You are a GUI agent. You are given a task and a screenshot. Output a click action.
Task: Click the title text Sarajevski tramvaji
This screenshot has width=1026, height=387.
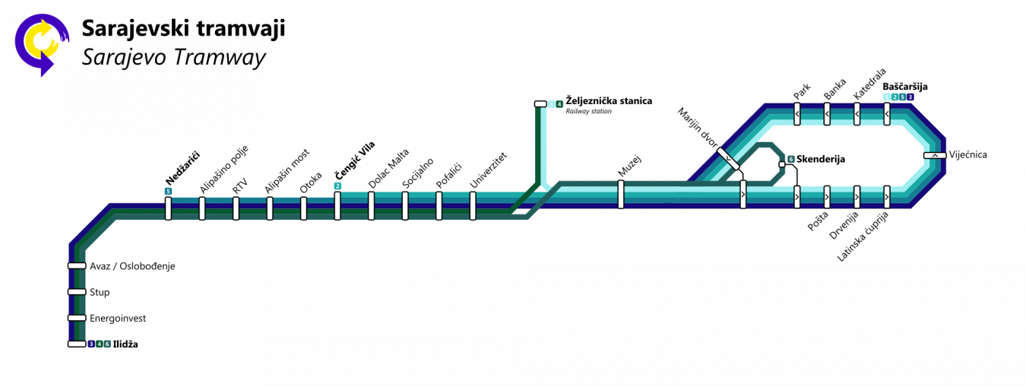[183, 30]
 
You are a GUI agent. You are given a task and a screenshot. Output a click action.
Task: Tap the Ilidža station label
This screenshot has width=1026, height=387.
[125, 344]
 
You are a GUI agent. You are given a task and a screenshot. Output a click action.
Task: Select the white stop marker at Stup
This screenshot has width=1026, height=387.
[77, 292]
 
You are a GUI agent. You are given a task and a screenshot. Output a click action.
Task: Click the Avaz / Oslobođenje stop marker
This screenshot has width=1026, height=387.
[77, 266]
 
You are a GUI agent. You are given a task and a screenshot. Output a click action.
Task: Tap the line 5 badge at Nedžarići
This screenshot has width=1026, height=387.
[167, 190]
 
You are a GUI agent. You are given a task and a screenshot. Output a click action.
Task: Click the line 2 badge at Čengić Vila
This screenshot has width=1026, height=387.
[337, 186]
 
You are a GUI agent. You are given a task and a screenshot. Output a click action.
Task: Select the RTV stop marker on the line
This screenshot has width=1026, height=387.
[236, 208]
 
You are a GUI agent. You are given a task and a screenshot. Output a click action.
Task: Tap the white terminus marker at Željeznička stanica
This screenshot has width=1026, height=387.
[540, 103]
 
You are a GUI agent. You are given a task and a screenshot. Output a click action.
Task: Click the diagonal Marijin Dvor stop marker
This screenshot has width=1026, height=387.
[727, 157]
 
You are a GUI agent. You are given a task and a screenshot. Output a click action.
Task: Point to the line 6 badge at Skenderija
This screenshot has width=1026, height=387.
[790, 159]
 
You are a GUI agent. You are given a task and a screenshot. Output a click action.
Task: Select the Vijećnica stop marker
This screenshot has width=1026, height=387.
[934, 155]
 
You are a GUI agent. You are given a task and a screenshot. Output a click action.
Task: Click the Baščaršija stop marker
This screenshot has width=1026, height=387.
[887, 114]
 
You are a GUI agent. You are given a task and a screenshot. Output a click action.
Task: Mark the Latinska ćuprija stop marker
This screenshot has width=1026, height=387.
[886, 195]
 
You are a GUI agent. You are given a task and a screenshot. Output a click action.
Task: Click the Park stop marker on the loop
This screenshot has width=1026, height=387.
[797, 114]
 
